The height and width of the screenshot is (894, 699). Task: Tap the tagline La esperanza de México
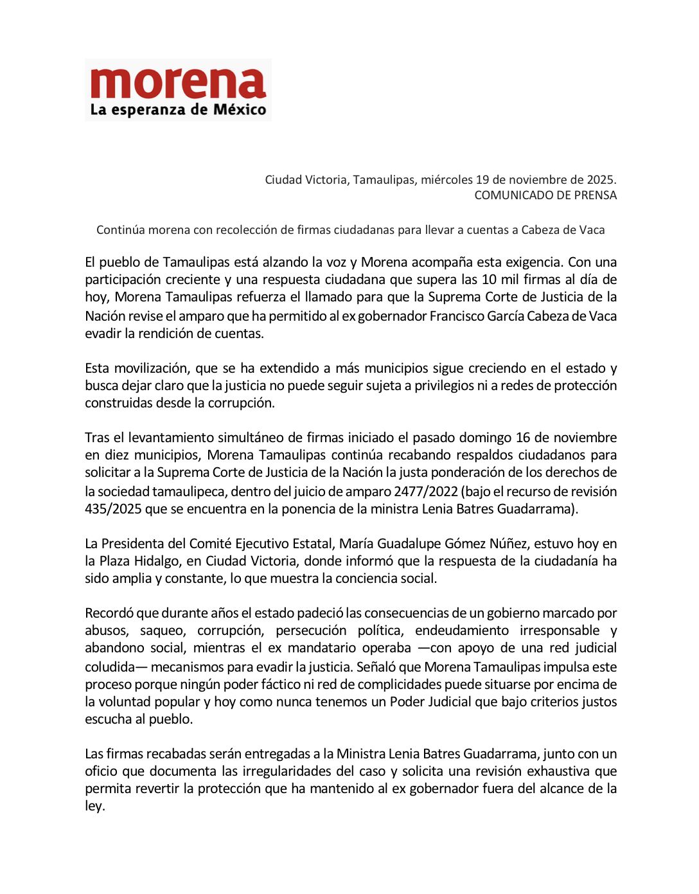[178, 109]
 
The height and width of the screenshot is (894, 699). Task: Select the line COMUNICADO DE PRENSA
[545, 195]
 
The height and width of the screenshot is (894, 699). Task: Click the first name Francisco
[456, 316]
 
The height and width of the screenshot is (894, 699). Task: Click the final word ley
[94, 806]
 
